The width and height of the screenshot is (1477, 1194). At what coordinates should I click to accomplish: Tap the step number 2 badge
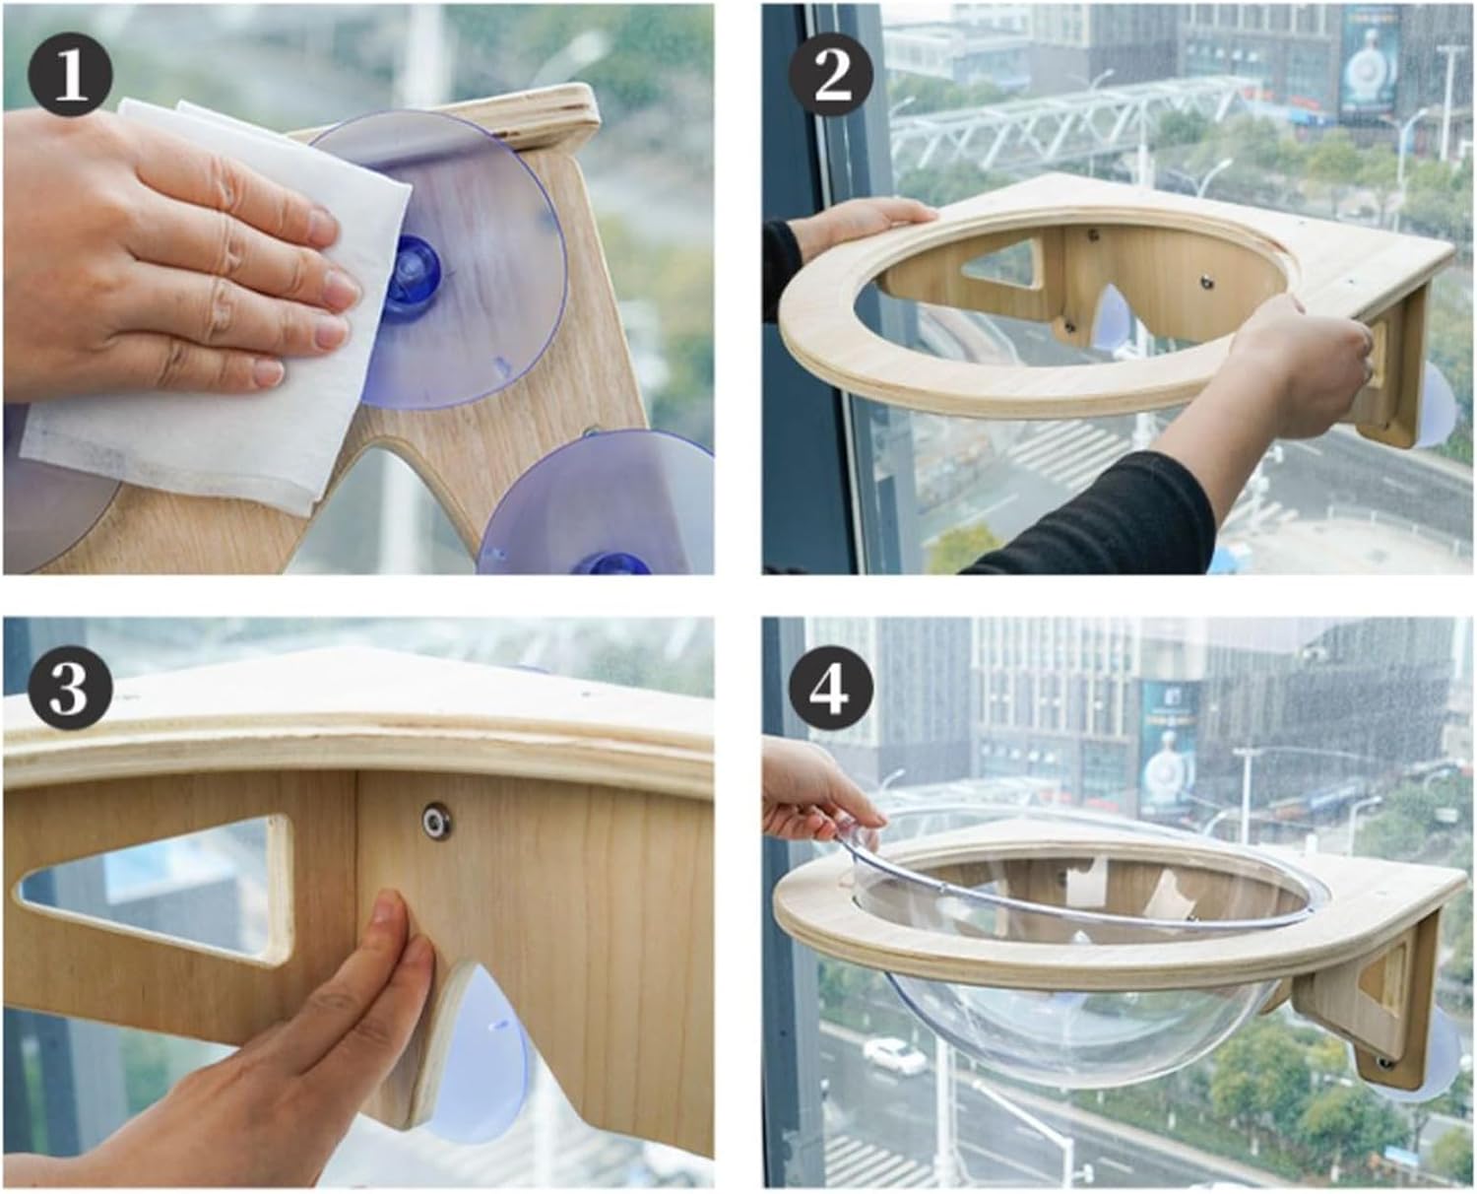(833, 75)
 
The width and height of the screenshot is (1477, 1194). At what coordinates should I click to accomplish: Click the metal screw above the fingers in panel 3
(431, 817)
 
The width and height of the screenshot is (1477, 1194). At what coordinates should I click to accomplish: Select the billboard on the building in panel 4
(1169, 749)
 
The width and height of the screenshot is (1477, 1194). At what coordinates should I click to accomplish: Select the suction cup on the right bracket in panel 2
(1435, 404)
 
